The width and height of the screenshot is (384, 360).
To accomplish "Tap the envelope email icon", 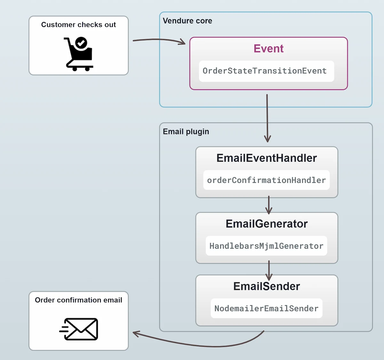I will click(79, 329).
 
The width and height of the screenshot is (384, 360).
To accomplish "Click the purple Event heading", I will click(268, 49).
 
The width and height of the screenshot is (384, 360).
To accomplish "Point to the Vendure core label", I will click(187, 21).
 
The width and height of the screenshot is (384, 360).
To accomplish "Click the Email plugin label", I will click(186, 132).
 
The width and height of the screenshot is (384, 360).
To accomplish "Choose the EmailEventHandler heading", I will click(267, 158).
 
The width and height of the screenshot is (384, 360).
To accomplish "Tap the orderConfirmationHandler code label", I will click(266, 180).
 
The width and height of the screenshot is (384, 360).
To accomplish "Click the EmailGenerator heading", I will click(267, 224).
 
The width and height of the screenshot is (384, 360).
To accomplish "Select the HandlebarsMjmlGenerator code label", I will click(266, 246).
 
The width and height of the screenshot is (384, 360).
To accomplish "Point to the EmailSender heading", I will click(267, 286).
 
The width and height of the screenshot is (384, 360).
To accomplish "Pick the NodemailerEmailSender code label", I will click(266, 308).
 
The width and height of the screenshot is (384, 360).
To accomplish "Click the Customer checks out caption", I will click(78, 25).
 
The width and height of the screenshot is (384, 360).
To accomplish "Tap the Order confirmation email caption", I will click(78, 300).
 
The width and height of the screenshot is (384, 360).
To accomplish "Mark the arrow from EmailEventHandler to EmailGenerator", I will click(269, 205).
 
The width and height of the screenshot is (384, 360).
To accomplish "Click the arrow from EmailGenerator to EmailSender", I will click(269, 270).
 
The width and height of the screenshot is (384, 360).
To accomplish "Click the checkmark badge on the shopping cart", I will click(81, 43).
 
